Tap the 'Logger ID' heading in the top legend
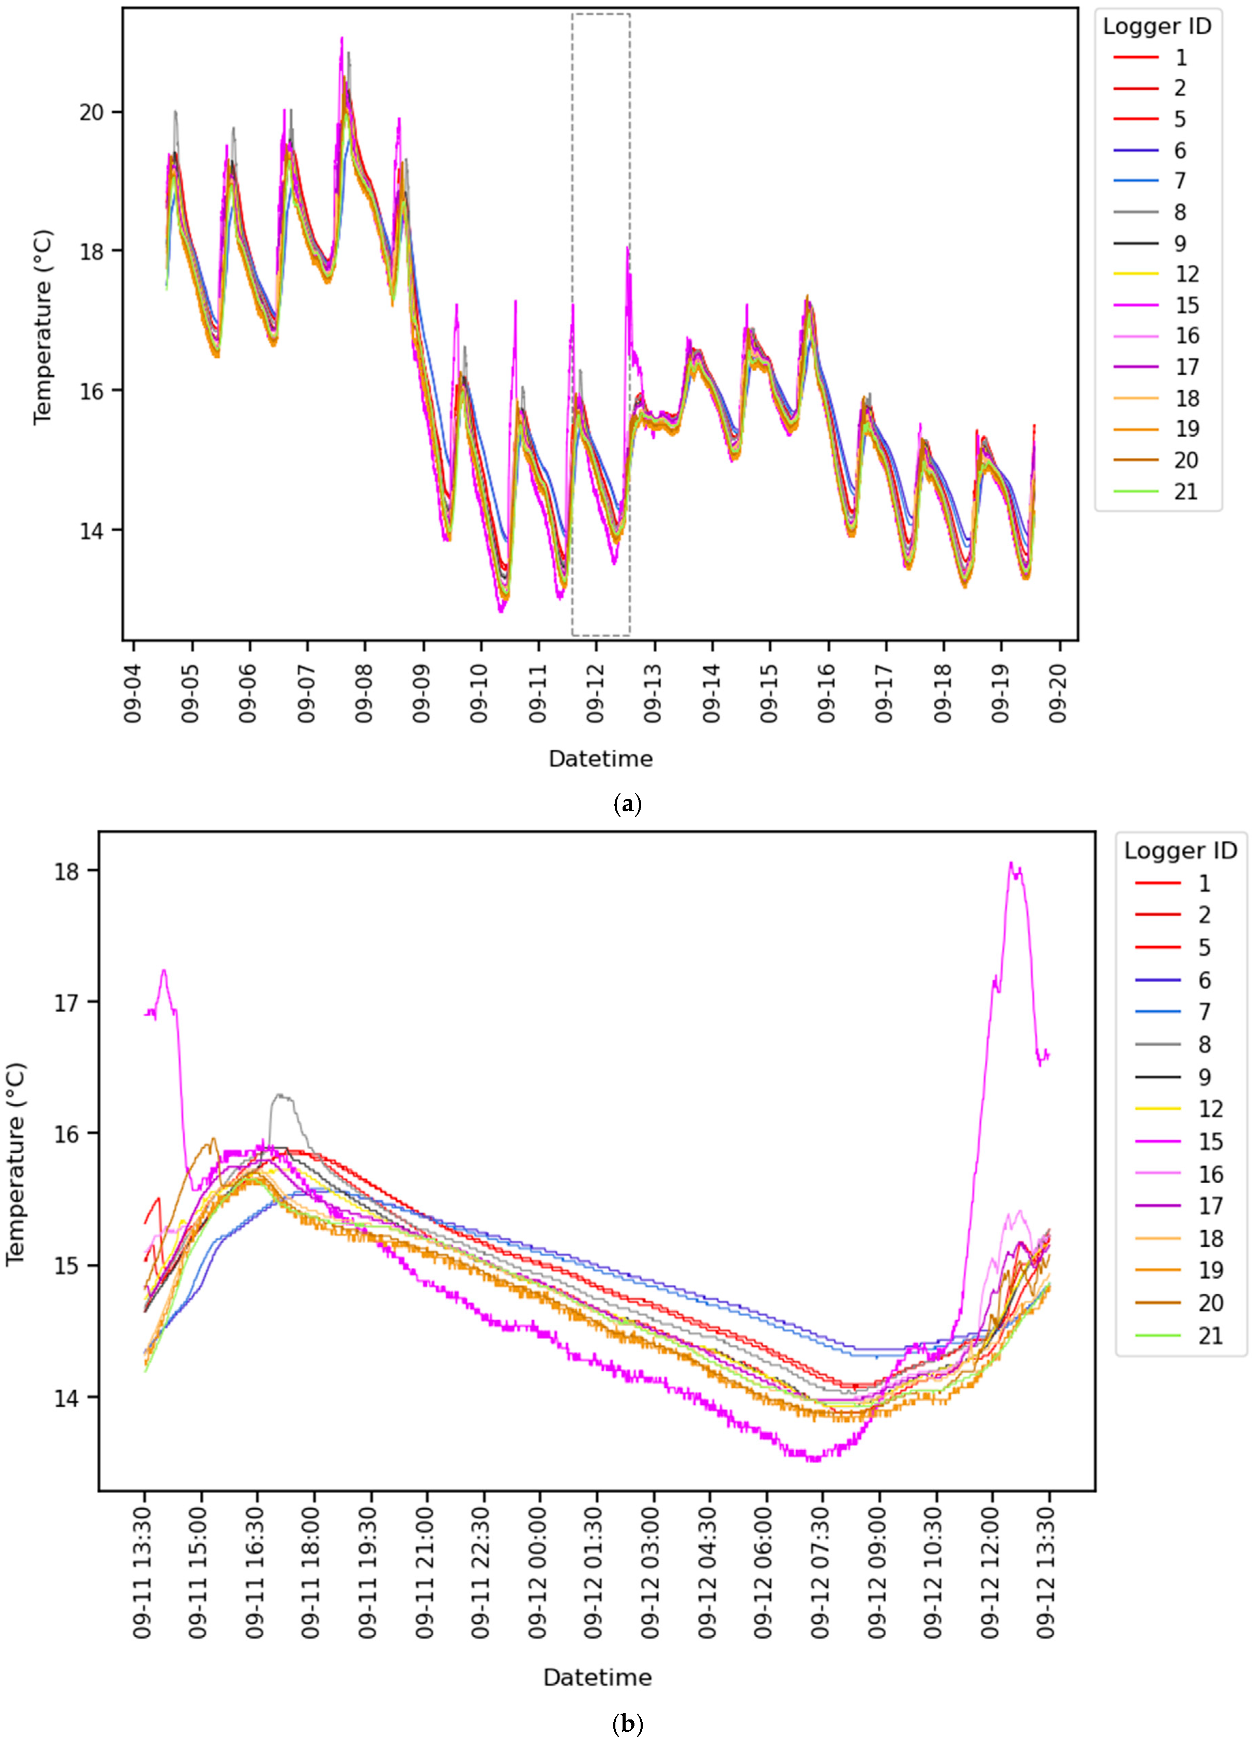click(x=1157, y=26)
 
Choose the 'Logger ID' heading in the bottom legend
click(x=1180, y=851)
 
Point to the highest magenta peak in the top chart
click(x=342, y=38)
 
